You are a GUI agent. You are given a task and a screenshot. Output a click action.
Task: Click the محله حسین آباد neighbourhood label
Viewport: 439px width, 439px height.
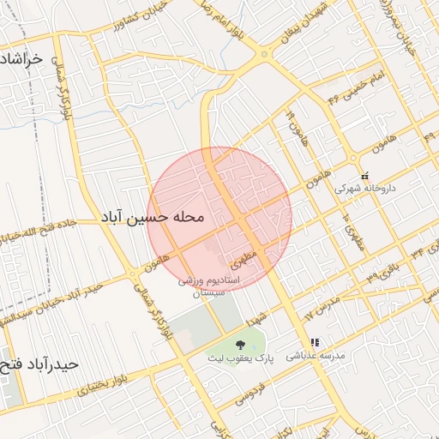tap(153, 218)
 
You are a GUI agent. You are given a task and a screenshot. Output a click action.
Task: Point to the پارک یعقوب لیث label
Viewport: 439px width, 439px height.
tap(239, 358)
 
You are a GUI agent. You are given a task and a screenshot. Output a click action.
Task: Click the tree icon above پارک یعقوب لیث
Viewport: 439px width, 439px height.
tap(238, 344)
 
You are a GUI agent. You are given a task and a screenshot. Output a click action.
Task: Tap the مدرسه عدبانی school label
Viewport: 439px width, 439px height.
tap(315, 354)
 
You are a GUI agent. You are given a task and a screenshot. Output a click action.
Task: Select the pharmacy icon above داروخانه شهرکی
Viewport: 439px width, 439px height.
tap(364, 174)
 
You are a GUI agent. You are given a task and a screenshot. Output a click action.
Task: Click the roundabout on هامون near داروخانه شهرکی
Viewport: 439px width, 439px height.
tap(352, 158)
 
